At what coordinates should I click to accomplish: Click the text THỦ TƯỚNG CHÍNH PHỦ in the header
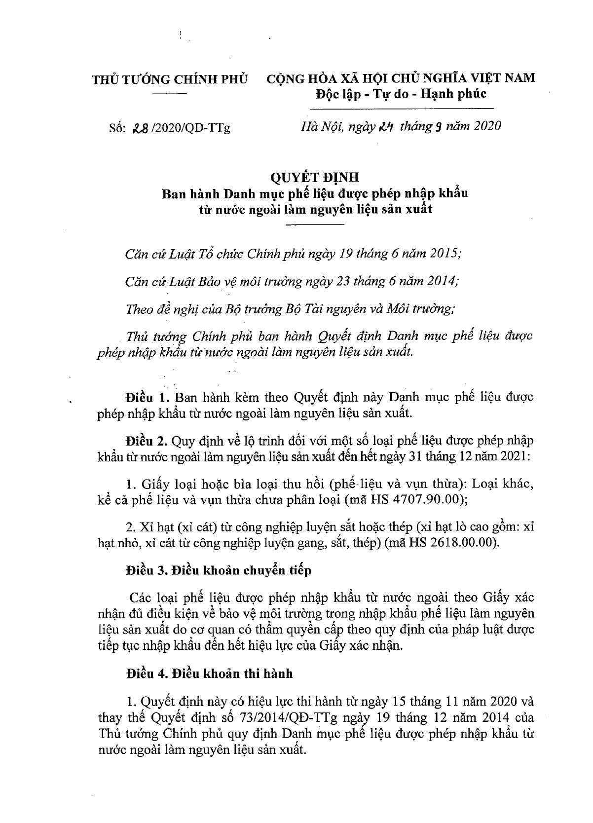pos(170,79)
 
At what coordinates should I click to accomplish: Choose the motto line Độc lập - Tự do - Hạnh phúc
pos(401,93)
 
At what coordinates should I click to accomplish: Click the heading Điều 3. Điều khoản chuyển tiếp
pos(219,571)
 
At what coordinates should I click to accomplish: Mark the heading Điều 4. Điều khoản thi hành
pos(209,673)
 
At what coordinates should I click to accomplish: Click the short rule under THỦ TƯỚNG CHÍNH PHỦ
pos(170,93)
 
